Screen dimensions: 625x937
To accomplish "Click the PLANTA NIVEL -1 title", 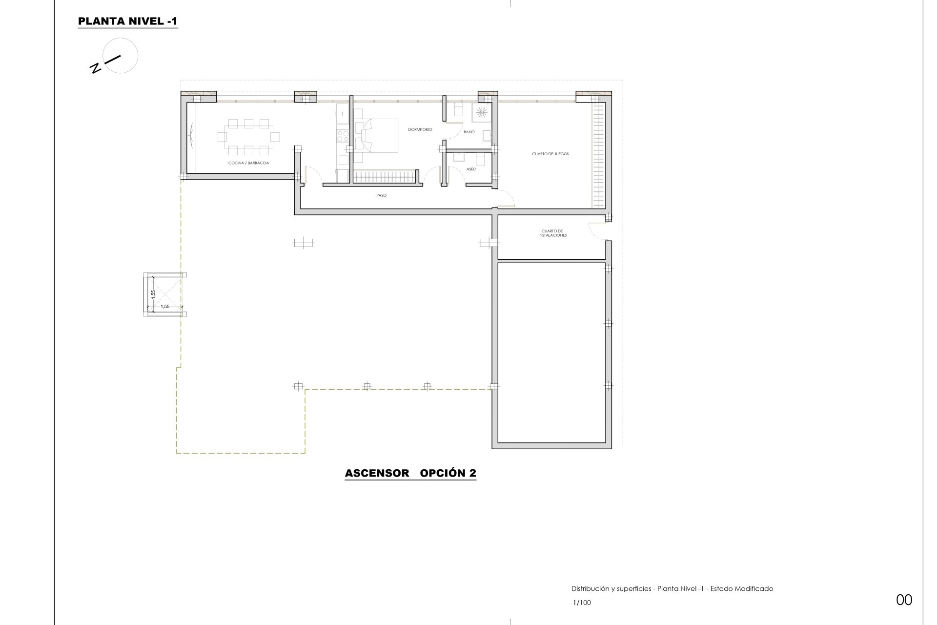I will click(128, 21).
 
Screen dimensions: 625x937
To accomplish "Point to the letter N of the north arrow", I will click(97, 68).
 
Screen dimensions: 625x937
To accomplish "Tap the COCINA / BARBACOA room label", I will click(249, 163).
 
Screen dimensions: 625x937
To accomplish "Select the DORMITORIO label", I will click(420, 130).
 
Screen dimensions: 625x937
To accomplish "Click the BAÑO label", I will click(469, 132).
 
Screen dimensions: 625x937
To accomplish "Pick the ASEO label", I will click(471, 169).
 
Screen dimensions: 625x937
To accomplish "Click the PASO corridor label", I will click(381, 195).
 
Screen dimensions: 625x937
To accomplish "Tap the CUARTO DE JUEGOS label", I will click(550, 154).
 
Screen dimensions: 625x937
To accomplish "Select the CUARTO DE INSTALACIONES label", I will click(552, 233).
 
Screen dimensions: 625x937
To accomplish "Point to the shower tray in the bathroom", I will click(482, 113).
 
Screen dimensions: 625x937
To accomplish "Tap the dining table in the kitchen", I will click(249, 136).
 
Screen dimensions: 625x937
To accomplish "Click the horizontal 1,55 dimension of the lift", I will click(165, 307).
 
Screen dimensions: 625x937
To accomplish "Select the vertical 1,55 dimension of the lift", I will click(153, 294).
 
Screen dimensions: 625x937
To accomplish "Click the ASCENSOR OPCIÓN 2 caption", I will click(410, 473).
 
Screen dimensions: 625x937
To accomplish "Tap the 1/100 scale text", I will click(582, 603).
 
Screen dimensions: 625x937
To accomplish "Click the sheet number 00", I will click(904, 600).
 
